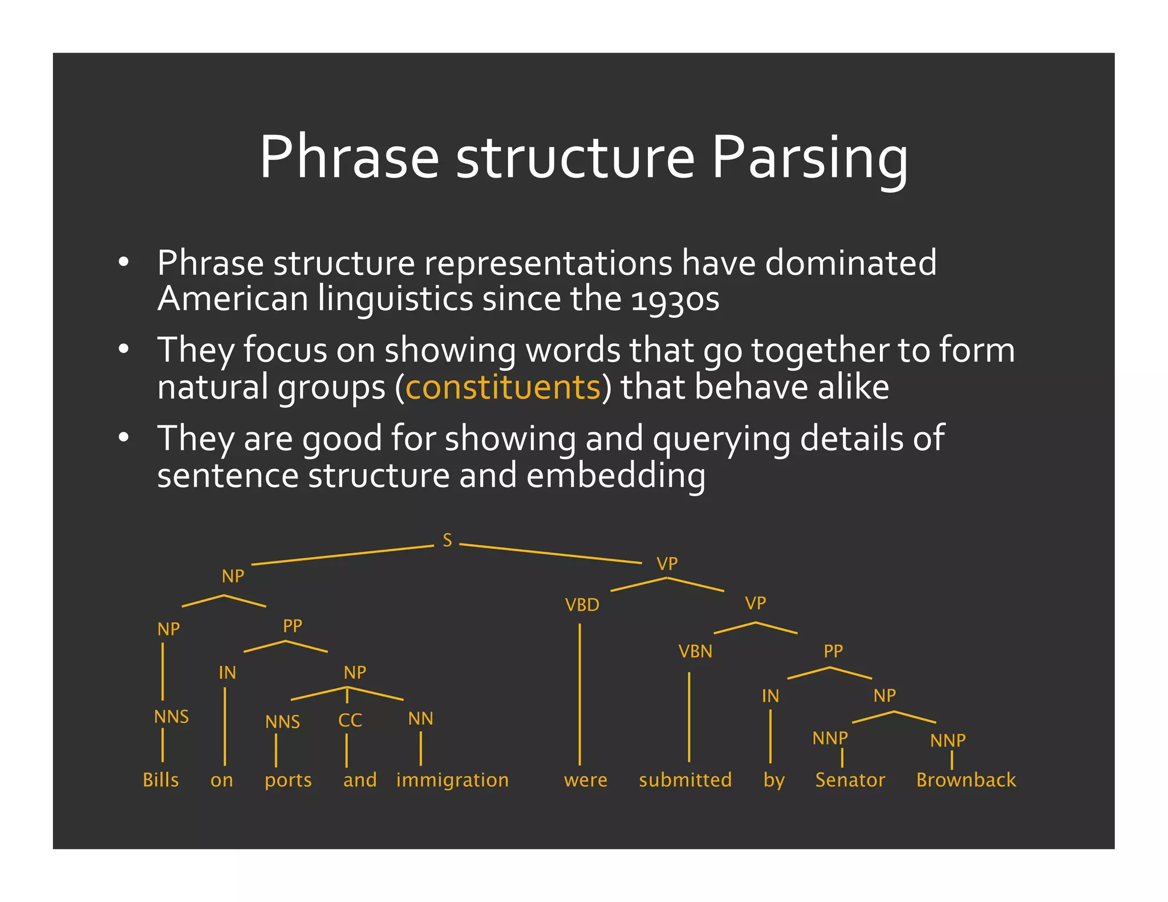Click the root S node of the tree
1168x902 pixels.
click(447, 540)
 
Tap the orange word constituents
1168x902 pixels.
click(502, 387)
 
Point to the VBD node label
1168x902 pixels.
click(582, 605)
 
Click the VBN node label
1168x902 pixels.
click(695, 652)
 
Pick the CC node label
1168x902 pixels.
click(350, 721)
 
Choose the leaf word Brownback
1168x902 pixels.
click(966, 780)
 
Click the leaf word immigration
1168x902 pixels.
click(452, 780)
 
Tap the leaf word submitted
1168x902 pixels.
click(685, 780)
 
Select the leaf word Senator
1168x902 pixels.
click(850, 780)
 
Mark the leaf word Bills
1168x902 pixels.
click(161, 780)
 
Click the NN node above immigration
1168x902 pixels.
click(420, 719)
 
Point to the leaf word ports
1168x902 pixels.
click(288, 781)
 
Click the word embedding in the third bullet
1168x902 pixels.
click(615, 476)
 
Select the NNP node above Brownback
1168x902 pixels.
click(948, 741)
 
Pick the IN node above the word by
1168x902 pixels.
click(770, 696)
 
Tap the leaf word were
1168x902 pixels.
click(586, 780)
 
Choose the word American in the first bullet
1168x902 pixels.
click(233, 299)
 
